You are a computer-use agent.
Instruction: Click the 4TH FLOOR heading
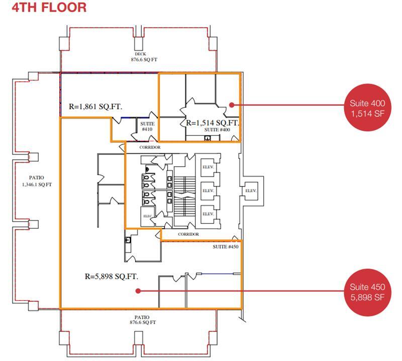(x=44, y=8)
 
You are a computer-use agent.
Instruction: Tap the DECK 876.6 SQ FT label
(x=140, y=56)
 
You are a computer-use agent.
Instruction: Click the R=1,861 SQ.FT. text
(x=95, y=106)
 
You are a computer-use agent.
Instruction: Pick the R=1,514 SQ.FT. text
(x=212, y=123)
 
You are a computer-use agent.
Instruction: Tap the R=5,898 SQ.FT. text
(x=112, y=276)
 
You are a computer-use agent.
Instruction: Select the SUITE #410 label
(x=147, y=126)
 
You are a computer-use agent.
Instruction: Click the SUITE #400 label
(x=217, y=130)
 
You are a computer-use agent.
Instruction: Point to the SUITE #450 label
(x=225, y=246)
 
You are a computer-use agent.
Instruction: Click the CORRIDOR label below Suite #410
(x=150, y=147)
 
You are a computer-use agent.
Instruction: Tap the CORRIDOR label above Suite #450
(x=188, y=234)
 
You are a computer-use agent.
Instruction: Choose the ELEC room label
(x=147, y=217)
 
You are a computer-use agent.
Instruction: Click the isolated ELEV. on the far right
(x=250, y=191)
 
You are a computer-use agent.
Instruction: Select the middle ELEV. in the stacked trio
(x=208, y=191)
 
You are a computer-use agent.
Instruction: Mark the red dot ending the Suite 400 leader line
(x=231, y=105)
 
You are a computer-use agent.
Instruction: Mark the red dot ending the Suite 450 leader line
(x=138, y=290)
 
